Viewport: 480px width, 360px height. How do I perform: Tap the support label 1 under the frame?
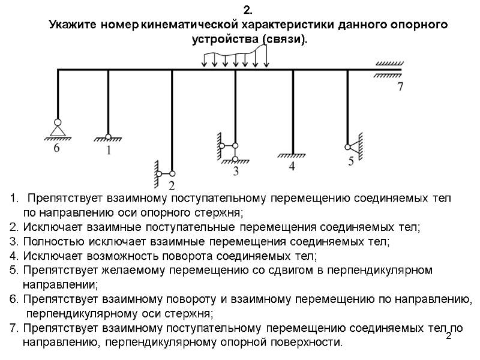pos(109,151)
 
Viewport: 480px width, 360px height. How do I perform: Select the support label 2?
pos(172,185)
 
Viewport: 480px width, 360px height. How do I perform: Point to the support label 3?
pos(235,172)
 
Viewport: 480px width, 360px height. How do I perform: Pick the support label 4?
pos(292,167)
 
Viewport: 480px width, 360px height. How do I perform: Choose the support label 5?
pos(351,160)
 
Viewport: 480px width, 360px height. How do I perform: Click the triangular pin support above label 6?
pos(58,130)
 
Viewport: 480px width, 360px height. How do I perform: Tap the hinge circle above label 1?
pos(109,136)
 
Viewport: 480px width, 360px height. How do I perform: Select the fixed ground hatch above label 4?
pos(292,155)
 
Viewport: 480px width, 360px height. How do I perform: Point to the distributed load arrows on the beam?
pos(235,58)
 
